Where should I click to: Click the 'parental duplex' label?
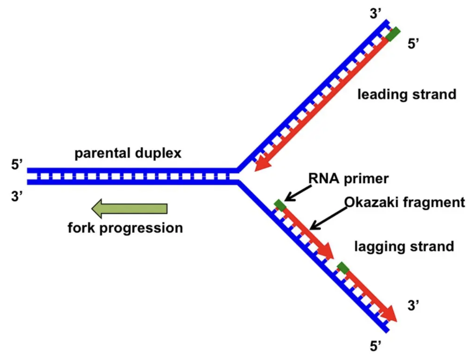pos(128,153)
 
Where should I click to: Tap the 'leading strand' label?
pos(407,95)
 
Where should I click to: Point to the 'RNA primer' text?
pos(348,178)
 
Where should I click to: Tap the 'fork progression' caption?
pos(125,228)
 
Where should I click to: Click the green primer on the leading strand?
pos(393,34)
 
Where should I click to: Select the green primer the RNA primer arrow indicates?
pos(280,205)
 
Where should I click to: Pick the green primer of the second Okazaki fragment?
pos(343,268)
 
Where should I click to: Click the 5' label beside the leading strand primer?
pos(416,44)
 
